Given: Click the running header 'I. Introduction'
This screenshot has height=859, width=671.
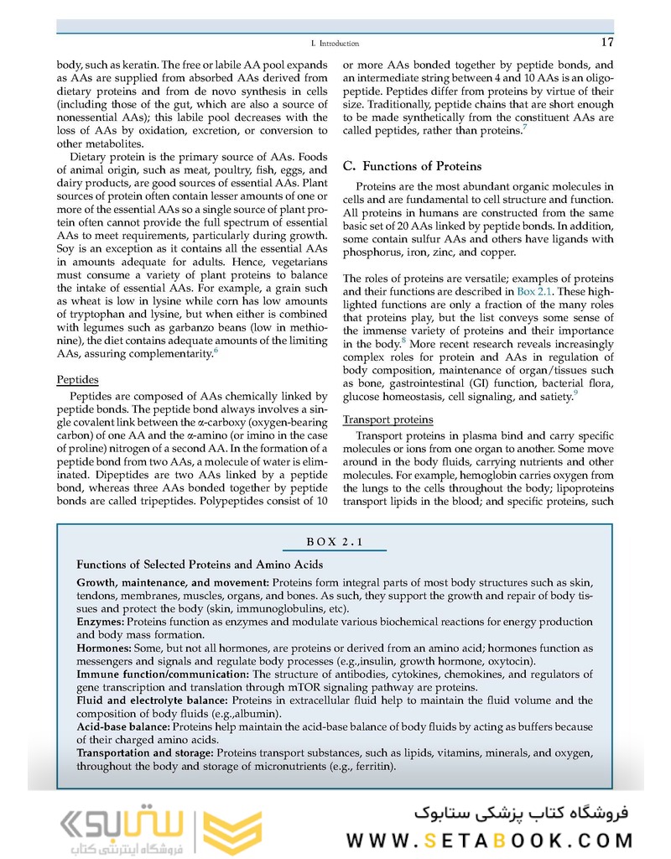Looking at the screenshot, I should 335,44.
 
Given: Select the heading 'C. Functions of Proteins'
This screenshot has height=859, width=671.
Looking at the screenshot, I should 412,166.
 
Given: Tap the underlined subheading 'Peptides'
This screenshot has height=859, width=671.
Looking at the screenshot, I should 77,380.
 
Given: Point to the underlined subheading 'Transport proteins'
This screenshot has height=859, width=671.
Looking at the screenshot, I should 388,419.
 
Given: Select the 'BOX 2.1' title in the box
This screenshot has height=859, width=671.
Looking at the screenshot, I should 335,541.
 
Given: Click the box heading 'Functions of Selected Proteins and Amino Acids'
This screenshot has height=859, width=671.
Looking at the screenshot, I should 200,565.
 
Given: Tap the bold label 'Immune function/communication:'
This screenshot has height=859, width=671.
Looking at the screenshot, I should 163,674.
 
